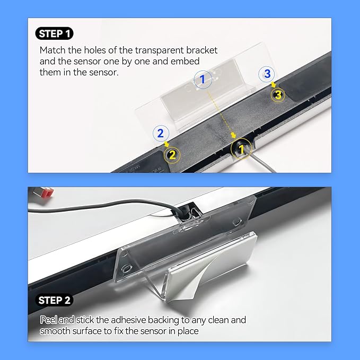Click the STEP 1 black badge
point(55,33)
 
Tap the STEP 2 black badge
point(55,300)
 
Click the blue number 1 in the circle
point(203,80)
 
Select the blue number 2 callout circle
point(161,133)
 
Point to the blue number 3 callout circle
point(267,74)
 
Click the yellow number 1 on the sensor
point(242,149)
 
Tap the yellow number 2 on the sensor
point(172,154)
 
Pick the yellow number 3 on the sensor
point(278,95)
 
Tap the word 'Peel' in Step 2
point(48,320)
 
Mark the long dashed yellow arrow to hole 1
point(221,115)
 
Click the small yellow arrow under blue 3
point(273,84)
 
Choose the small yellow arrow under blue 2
point(166,144)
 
